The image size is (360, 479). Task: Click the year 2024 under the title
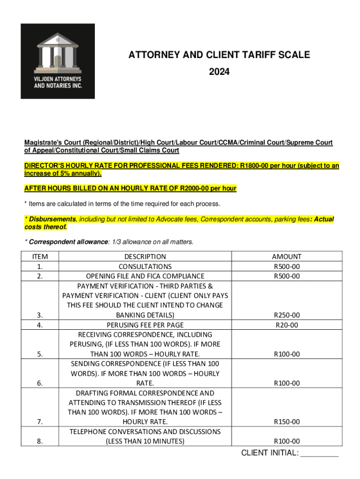tap(219, 72)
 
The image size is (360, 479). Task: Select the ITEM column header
tap(40, 256)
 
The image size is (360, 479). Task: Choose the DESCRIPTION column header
tap(145, 256)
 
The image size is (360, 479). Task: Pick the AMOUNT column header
tap(287, 256)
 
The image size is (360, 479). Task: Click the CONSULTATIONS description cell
tap(145, 266)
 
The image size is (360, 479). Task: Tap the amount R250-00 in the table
tap(287, 315)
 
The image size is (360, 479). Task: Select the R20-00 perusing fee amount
tap(287, 325)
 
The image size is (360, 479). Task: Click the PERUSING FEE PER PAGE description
tap(145, 325)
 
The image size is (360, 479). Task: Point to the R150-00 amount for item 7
tap(287, 422)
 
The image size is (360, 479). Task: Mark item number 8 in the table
tap(40, 441)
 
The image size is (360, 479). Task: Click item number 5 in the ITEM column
tap(40, 354)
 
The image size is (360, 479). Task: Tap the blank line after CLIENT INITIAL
tap(319, 454)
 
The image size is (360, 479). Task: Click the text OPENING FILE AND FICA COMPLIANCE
tap(145, 276)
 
